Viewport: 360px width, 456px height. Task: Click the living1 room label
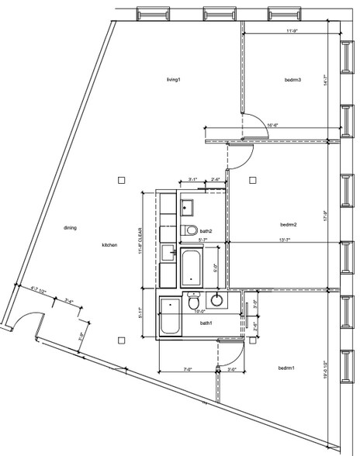[173, 80]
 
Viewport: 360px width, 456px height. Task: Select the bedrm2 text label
[289, 225]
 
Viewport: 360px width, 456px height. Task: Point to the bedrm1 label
[286, 368]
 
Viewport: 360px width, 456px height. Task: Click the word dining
[70, 228]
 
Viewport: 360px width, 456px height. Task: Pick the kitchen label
[109, 245]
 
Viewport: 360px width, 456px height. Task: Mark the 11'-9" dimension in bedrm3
[292, 32]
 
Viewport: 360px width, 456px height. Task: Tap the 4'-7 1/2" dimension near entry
[39, 291]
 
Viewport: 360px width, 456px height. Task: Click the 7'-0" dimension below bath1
[187, 370]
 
